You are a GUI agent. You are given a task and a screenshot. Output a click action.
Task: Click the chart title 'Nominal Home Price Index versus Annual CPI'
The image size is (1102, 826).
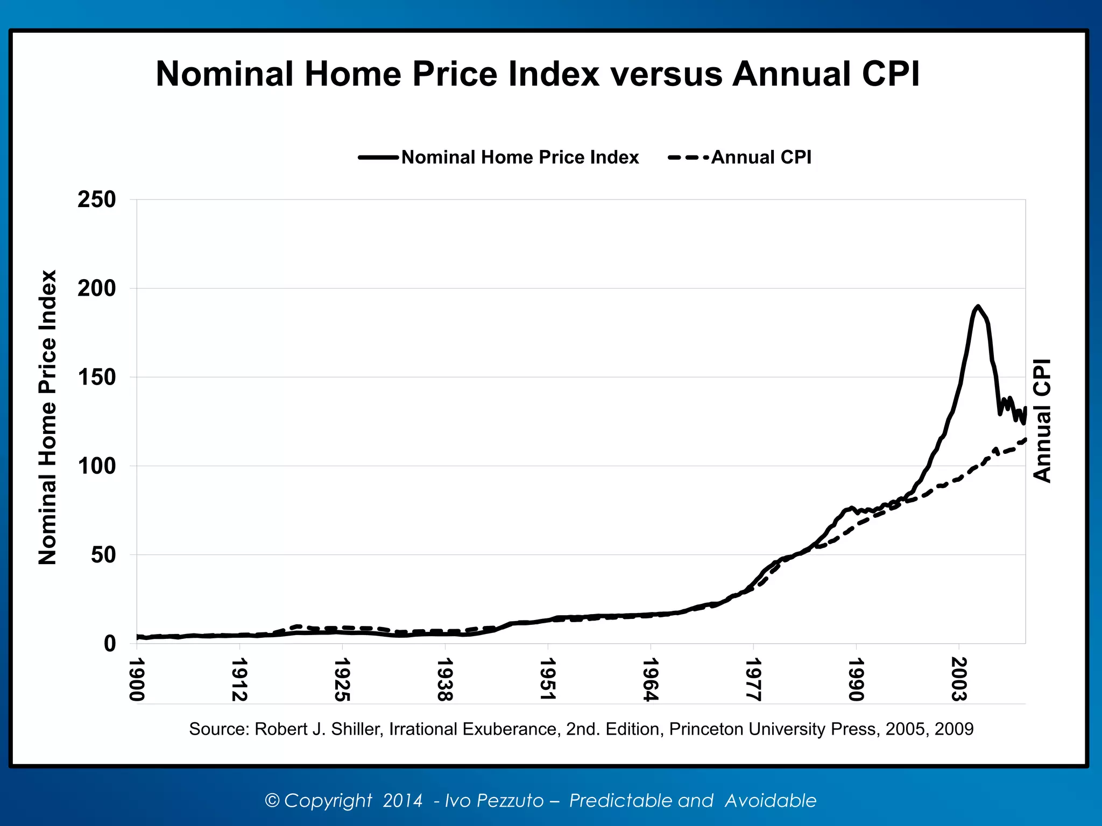click(x=538, y=74)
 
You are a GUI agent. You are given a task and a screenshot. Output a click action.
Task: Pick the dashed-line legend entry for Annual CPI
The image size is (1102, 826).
click(x=740, y=158)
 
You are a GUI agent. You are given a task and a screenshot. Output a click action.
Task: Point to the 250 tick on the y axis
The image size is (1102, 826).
click(x=97, y=200)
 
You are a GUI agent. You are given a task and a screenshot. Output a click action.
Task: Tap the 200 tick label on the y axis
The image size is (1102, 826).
click(x=97, y=289)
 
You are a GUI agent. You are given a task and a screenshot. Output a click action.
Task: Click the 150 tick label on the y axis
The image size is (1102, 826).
click(x=97, y=378)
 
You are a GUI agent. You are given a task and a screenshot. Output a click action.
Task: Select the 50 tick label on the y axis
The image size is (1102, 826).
click(x=103, y=555)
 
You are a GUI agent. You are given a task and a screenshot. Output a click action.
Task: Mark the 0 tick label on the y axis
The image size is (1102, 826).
click(x=110, y=644)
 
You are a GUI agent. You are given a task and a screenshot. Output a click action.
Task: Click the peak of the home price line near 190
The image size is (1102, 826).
click(x=978, y=307)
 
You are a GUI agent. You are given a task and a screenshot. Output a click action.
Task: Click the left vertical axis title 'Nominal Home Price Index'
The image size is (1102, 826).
click(x=47, y=417)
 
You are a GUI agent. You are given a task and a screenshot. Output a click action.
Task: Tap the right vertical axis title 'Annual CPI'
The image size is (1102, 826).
click(x=1042, y=421)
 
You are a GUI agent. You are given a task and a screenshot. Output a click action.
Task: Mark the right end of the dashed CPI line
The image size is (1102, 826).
click(x=1025, y=440)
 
